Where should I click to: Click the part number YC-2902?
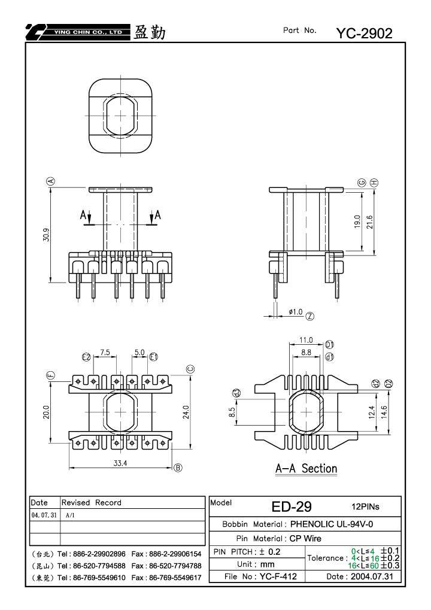[x=364, y=34]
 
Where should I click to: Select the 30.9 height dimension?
[x=46, y=235]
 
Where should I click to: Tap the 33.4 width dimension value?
[x=120, y=463]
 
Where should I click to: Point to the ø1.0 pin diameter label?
[x=296, y=312]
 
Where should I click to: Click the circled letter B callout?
[x=178, y=468]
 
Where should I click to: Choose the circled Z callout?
[x=309, y=316]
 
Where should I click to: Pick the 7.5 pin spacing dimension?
[x=105, y=352]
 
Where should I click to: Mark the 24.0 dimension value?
[x=186, y=412]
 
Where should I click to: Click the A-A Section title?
[x=306, y=468]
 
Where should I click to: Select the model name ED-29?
[x=292, y=506]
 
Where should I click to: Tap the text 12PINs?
[x=365, y=506]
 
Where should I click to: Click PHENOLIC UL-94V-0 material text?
[x=332, y=524]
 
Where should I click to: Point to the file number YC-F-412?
[x=278, y=576]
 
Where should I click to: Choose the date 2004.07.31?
[x=372, y=576]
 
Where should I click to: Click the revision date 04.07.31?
[x=44, y=515]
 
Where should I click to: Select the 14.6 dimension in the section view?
[x=384, y=412]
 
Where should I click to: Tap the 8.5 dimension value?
[x=232, y=412]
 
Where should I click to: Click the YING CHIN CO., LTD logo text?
[x=89, y=32]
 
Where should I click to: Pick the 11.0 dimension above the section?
[x=306, y=340]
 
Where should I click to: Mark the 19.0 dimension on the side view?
[x=357, y=221]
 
